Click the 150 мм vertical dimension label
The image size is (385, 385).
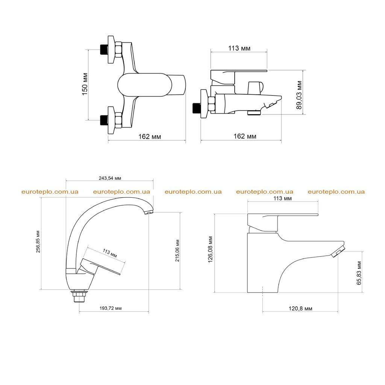[85, 84]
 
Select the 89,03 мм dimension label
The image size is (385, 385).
[299, 95]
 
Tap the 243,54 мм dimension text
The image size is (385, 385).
[110, 178]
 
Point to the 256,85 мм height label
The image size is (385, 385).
[38, 242]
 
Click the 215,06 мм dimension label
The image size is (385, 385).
[177, 251]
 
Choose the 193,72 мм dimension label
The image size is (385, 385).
[111, 308]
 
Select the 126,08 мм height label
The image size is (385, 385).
[211, 250]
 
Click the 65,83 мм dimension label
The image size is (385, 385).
[359, 273]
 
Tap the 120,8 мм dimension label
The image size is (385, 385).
[300, 309]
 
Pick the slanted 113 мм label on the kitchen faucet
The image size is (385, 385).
[110, 253]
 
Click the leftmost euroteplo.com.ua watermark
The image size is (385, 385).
[50, 192]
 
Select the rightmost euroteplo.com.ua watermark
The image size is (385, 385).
[336, 192]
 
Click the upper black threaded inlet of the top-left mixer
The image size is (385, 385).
[105, 50]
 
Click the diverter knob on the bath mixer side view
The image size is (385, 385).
[255, 88]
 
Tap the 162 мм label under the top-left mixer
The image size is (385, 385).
[150, 136]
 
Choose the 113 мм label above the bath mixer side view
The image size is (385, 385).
[239, 48]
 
